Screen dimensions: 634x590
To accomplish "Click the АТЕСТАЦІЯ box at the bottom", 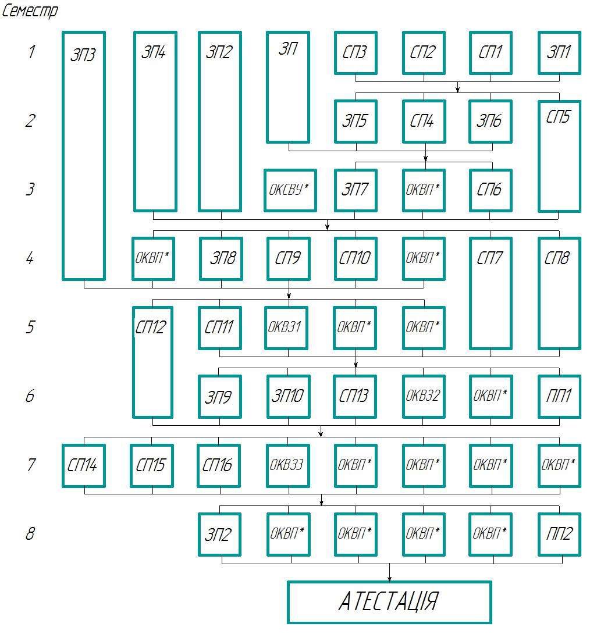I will point(389,602).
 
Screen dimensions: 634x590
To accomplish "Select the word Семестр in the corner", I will point(30,11).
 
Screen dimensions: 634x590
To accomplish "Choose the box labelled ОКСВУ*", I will point(290,190).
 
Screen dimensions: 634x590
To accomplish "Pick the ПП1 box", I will point(559,396).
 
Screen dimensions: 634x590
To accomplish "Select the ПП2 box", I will point(559,534).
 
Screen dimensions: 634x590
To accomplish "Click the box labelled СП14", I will point(84,465).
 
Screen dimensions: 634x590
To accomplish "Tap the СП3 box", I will point(356,52).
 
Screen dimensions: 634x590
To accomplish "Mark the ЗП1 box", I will point(559,52).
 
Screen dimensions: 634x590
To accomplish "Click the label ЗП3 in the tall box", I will point(84,55).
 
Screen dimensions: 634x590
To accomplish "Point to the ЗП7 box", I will point(356,190).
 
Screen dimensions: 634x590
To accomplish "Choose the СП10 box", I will point(356,258).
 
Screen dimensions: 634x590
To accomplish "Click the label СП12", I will point(151,327).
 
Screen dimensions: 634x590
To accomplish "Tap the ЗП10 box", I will point(288,396).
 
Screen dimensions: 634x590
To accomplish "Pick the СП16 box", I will point(219,465).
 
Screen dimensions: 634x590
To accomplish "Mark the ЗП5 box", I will point(356,121).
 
